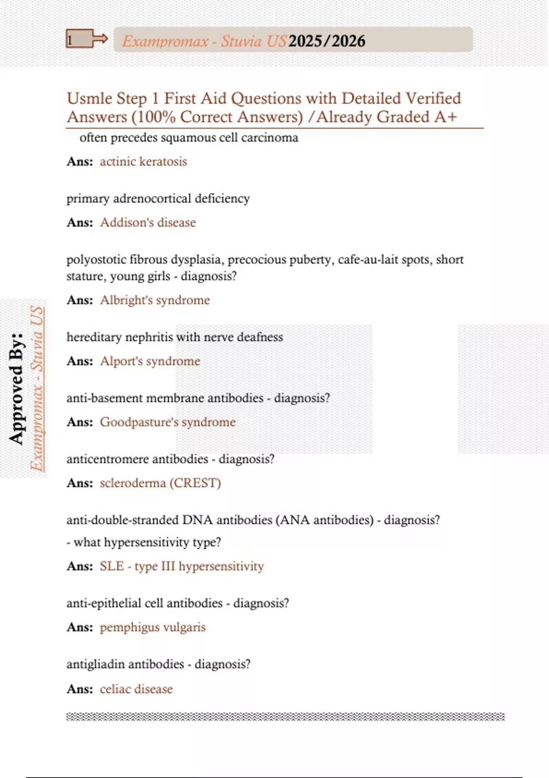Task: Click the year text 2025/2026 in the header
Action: point(327,41)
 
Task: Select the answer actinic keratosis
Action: point(143,162)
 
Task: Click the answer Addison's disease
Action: point(148,222)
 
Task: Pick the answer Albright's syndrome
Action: point(155,300)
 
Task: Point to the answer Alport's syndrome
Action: point(150,361)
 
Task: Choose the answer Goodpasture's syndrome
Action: point(167,422)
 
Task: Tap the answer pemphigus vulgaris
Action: point(153,627)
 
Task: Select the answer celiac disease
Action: point(136,689)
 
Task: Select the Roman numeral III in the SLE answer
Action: point(168,566)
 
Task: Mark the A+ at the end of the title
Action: point(446,117)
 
